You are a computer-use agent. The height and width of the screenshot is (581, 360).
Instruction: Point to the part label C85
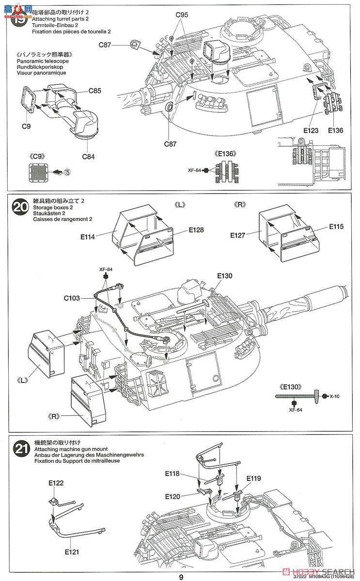(95, 91)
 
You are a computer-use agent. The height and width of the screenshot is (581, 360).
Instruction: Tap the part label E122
(56, 483)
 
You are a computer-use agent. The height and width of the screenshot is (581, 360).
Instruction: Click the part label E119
(253, 478)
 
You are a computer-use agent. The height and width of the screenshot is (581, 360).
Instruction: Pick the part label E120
(173, 496)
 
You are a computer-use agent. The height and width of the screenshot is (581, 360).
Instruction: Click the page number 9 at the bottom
(181, 577)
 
